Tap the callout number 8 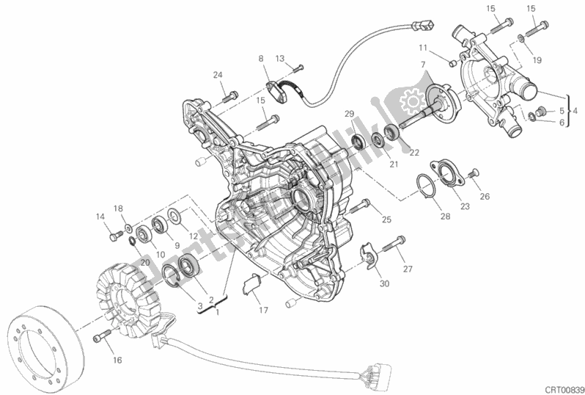(x=260, y=59)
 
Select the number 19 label (x=537, y=61)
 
